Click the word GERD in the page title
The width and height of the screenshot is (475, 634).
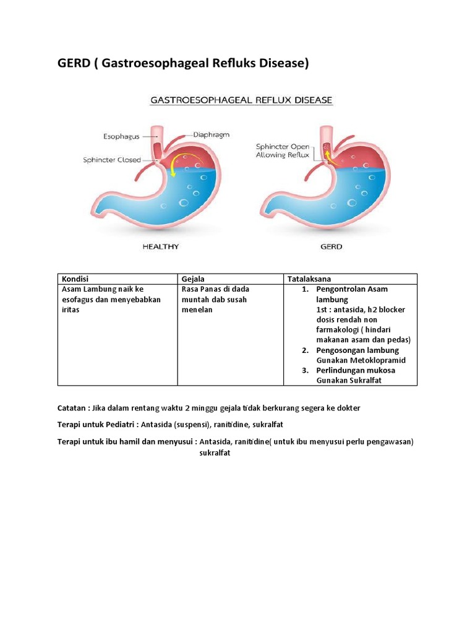tap(73, 63)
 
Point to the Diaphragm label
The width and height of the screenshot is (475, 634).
tap(211, 134)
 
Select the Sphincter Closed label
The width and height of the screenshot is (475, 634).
tap(112, 160)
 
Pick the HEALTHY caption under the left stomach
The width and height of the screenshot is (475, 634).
tap(161, 246)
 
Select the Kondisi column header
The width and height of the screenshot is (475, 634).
tap(75, 279)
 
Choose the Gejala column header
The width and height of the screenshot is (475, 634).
tap(194, 279)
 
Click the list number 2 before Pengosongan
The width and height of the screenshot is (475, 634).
tap(305, 350)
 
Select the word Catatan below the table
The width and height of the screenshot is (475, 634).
tap(71, 407)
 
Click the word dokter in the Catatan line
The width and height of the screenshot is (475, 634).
tap(348, 407)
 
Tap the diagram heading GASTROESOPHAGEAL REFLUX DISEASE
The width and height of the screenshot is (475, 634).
tap(239, 100)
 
